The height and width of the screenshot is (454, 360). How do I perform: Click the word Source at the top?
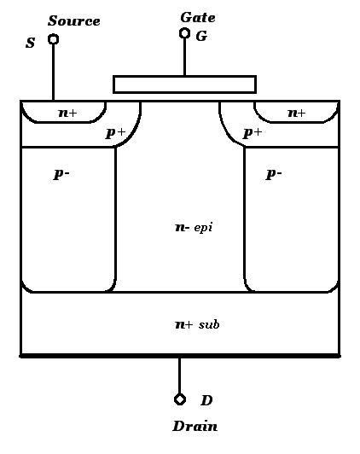click(x=74, y=20)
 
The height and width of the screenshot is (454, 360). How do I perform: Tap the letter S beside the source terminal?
click(x=30, y=43)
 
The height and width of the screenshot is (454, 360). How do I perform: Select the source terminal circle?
click(x=53, y=39)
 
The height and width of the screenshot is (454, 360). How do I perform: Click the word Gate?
click(x=198, y=17)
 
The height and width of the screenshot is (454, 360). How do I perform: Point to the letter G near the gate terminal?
click(x=201, y=36)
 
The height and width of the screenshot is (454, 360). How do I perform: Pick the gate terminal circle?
click(x=184, y=33)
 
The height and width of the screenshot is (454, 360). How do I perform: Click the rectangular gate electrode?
click(x=184, y=84)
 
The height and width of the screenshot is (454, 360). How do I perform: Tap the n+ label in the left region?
click(x=67, y=113)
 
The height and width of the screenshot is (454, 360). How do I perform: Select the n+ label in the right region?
click(x=297, y=113)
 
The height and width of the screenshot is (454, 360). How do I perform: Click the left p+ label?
click(x=115, y=133)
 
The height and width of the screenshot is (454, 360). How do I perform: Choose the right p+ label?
click(x=253, y=133)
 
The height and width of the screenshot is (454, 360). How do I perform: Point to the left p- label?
click(x=61, y=174)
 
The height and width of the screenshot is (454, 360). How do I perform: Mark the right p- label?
click(x=274, y=174)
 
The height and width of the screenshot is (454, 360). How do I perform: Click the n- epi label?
click(x=194, y=228)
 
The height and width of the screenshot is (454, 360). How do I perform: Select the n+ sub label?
click(x=197, y=324)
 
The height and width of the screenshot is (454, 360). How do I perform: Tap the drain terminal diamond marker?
click(x=180, y=399)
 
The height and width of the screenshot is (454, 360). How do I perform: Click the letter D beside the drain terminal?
click(x=206, y=400)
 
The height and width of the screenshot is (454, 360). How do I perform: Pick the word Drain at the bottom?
click(x=195, y=427)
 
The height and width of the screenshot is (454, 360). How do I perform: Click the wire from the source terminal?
click(x=53, y=73)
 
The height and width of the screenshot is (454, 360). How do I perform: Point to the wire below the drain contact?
click(x=180, y=375)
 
